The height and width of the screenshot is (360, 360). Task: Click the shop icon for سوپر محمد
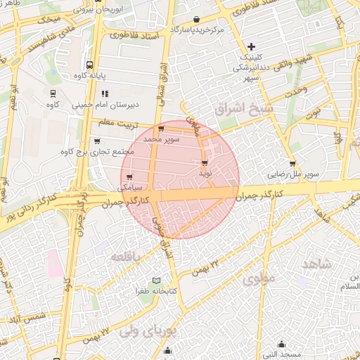click(162, 129)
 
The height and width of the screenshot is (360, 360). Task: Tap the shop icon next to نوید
click(205, 162)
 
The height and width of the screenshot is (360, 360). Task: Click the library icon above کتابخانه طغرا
click(166, 281)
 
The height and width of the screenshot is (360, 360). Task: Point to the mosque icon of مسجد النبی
click(282, 344)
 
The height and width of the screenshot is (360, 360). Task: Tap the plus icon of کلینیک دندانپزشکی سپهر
click(252, 46)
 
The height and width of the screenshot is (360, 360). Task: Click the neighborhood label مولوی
click(256, 279)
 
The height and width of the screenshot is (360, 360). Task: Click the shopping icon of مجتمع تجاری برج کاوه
click(96, 141)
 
